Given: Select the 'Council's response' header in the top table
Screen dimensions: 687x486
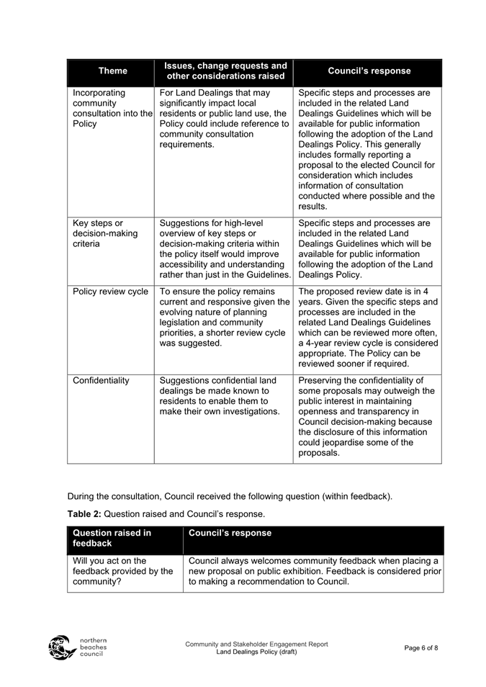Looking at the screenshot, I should pos(369,71).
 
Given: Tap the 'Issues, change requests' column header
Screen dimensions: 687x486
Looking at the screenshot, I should pos(223,71).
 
